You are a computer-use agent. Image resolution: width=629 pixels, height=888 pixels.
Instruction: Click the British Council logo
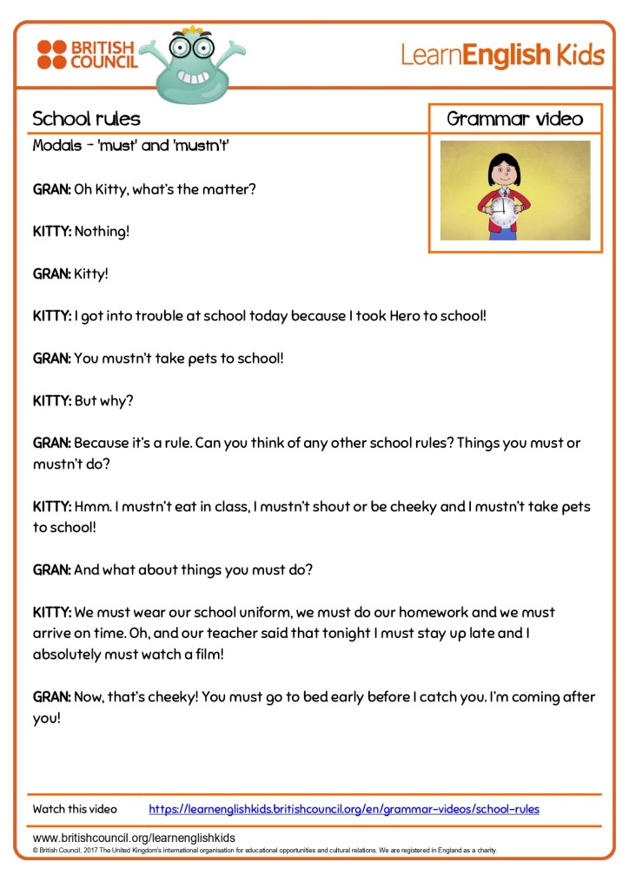pos(87,54)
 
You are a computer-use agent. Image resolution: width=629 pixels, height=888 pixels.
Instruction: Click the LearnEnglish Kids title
pos(501,56)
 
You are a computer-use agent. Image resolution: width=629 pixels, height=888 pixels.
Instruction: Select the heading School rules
pos(86,119)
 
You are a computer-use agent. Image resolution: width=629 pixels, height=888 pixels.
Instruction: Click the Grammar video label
pos(514,119)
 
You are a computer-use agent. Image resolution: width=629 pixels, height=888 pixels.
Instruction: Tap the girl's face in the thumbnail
pos(501,170)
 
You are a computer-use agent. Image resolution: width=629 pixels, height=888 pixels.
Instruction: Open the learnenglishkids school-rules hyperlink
pos(343,809)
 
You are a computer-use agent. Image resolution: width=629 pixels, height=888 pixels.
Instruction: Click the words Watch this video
pos(75,809)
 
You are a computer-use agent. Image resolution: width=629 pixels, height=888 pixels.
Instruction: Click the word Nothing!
pos(102,232)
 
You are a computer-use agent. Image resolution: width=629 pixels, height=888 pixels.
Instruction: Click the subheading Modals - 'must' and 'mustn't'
pos(130,145)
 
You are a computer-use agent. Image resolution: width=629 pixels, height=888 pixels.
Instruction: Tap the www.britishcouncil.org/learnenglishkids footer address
pos(134,838)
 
